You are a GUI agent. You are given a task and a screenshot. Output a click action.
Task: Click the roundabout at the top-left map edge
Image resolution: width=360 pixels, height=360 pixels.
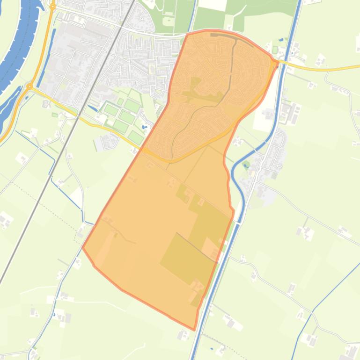pyautogui.click(x=53, y=7)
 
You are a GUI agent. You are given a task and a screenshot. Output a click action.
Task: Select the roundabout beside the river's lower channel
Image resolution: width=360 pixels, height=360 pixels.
pyautogui.click(x=29, y=86)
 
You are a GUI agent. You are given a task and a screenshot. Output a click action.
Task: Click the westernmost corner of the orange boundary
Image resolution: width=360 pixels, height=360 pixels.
pyautogui.click(x=82, y=246)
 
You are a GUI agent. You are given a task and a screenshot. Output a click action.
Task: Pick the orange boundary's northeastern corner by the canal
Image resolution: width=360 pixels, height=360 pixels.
pyautogui.click(x=278, y=62)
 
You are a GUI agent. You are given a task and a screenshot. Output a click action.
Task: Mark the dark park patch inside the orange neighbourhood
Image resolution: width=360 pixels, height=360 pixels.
pyautogui.click(x=197, y=89)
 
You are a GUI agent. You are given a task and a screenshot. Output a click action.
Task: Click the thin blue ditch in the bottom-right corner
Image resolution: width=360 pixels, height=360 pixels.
pyautogui.click(x=328, y=295)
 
